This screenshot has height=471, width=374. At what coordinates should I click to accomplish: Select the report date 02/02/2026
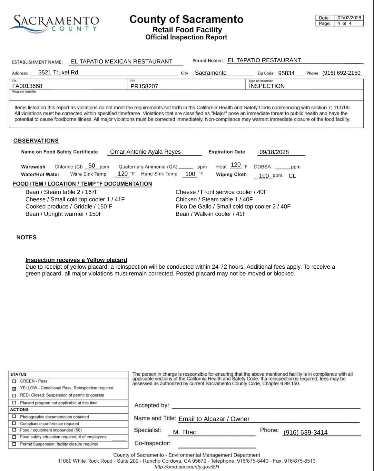click(349, 18)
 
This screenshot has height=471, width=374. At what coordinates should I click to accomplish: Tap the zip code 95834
click(286, 73)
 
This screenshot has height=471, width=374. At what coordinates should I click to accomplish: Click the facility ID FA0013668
click(27, 86)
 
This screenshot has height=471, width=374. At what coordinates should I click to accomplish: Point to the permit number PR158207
click(144, 86)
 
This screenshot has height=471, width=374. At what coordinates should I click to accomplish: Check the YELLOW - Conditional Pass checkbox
click(14, 388)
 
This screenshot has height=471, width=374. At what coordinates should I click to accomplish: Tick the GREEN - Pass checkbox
click(14, 381)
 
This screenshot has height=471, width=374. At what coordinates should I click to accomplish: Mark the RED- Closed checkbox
click(14, 395)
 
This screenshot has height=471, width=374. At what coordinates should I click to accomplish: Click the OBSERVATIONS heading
click(36, 141)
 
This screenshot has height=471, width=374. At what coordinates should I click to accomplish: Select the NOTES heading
click(26, 237)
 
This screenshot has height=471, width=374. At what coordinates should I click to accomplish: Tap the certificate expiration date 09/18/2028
click(274, 152)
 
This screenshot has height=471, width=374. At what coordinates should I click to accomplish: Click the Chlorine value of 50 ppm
click(92, 166)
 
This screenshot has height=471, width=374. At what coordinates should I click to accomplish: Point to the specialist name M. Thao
click(185, 432)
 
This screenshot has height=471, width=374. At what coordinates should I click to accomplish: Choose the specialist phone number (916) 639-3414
click(305, 432)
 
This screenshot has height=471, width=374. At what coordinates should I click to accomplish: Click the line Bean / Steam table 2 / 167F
click(62, 192)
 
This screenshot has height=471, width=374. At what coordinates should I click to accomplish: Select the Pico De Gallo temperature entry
click(233, 207)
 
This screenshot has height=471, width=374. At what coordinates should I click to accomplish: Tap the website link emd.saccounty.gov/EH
click(187, 467)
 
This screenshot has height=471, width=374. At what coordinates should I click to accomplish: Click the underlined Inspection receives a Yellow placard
click(76, 260)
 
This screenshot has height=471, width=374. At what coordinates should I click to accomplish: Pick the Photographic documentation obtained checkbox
click(14, 417)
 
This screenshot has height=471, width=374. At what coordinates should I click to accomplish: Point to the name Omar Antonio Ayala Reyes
click(145, 152)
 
